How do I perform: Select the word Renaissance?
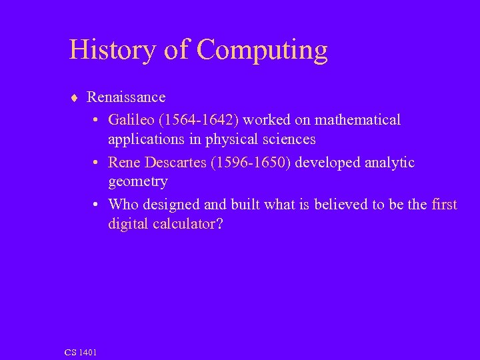(x=126, y=97)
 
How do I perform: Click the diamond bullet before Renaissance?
(x=74, y=97)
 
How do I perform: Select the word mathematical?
(x=357, y=119)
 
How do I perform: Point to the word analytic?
(x=389, y=163)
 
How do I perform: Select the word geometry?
(x=137, y=182)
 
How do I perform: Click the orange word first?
(x=444, y=204)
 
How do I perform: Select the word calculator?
(x=185, y=224)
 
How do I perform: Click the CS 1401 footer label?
(x=80, y=351)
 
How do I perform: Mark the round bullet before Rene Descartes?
(x=97, y=162)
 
